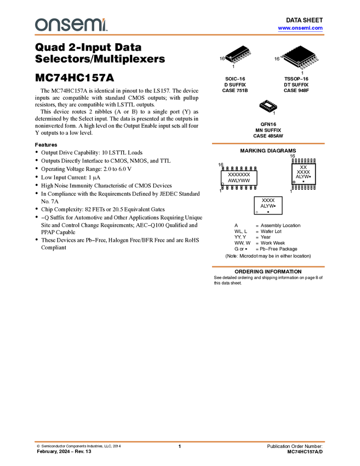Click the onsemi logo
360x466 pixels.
click(71, 25)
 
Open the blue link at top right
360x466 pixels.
click(300, 29)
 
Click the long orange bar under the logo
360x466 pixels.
click(180, 35)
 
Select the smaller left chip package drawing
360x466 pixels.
click(240, 57)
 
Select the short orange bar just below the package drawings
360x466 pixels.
click(268, 144)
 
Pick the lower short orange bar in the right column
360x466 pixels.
click(268, 267)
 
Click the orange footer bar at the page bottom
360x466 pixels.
click(180, 441)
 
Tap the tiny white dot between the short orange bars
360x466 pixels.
click(257, 212)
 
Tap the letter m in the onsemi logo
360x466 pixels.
click(90, 25)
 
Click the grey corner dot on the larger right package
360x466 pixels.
click(300, 67)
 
